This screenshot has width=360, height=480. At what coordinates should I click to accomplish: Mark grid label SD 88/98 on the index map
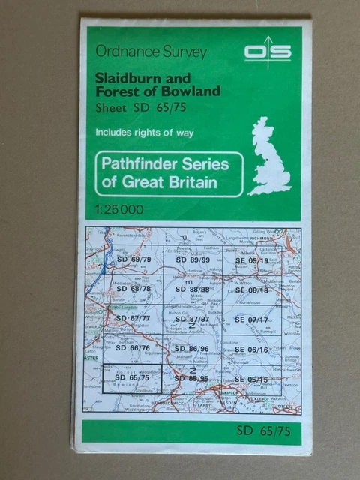click(192, 289)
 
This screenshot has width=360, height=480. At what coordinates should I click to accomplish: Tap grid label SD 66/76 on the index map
click(133, 348)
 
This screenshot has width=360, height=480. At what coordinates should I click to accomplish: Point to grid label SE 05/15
click(250, 379)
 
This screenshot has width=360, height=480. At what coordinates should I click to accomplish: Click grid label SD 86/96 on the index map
click(191, 349)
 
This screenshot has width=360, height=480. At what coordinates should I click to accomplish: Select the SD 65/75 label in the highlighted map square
click(131, 377)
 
